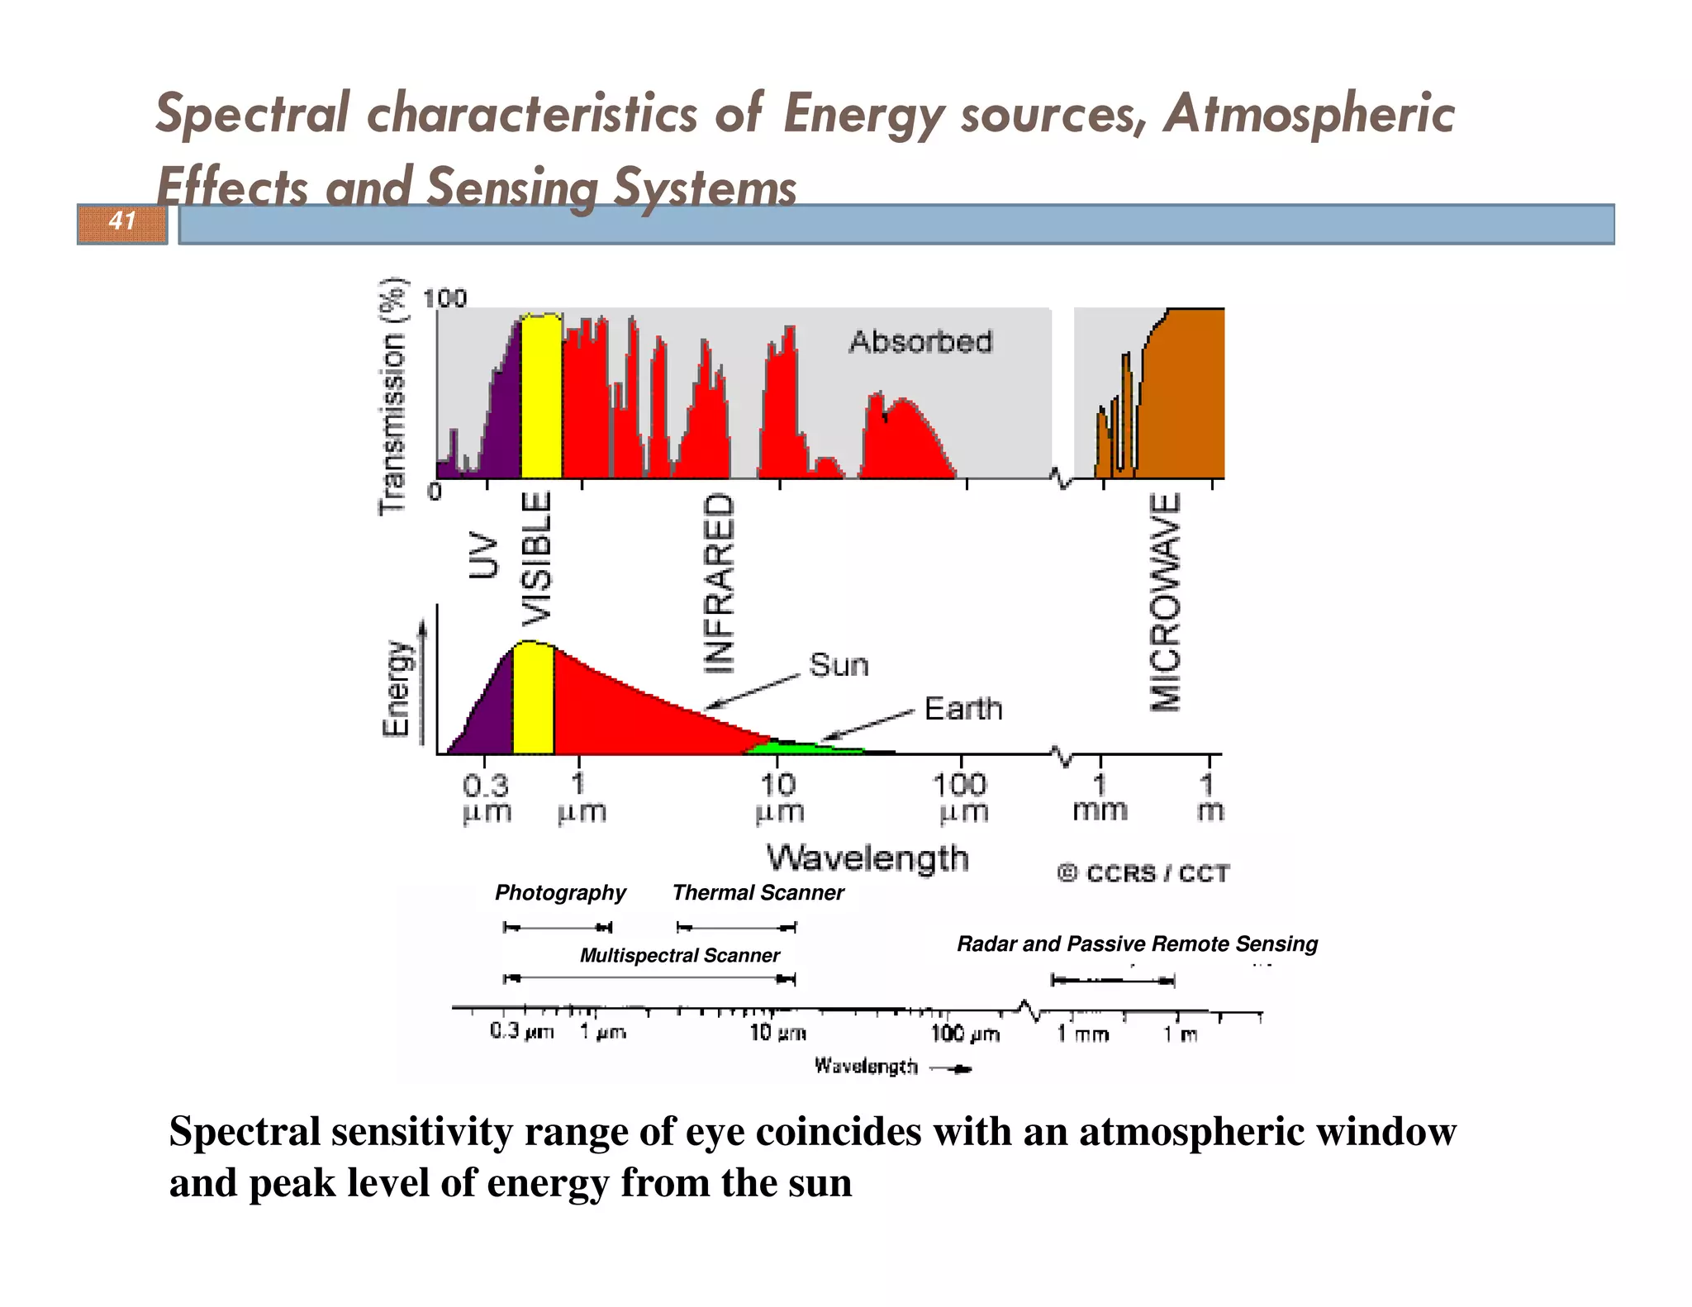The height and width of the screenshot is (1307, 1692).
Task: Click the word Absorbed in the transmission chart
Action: coord(920,342)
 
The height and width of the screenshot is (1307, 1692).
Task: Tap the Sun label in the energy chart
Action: coord(839,665)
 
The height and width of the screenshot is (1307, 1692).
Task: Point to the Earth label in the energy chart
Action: coord(962,709)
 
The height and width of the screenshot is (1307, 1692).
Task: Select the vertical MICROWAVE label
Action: coord(1166,602)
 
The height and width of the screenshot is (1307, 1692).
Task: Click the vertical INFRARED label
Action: coord(719,583)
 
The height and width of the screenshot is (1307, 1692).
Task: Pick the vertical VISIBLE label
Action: coord(536,561)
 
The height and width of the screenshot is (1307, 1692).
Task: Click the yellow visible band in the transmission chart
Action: coord(541,397)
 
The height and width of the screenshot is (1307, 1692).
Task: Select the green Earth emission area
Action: coord(793,748)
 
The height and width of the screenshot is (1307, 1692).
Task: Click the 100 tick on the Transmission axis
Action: coord(444,298)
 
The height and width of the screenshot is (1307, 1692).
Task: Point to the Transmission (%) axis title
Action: coord(392,397)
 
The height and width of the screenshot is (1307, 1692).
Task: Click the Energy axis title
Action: coord(397,688)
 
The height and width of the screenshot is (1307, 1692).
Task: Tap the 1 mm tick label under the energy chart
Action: coord(1100,797)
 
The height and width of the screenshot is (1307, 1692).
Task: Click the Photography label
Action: coord(560,892)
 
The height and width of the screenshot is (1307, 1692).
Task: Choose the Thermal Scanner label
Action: coord(758,892)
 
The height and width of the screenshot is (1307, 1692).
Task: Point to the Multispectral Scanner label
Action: coord(679,956)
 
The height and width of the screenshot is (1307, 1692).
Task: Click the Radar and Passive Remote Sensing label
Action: coord(1137,943)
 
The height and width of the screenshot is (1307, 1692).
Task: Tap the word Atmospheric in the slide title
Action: coord(1309,113)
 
